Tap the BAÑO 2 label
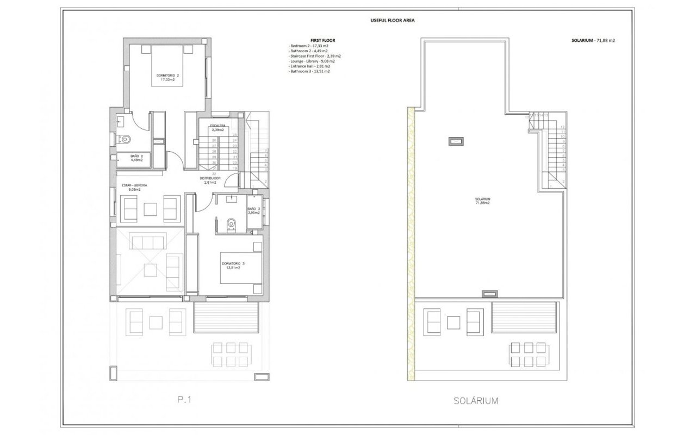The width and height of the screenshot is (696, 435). pos(136,158)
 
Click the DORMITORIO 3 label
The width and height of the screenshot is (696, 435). pos(233,265)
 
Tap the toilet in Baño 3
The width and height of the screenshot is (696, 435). pos(231,223)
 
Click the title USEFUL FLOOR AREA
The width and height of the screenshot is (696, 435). pos(389,20)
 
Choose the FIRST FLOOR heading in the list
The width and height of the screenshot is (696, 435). pos(315,40)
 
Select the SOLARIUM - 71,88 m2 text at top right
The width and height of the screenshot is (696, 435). pos(589,40)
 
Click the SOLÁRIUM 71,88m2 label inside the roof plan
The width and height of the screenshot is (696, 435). pos(483,201)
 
